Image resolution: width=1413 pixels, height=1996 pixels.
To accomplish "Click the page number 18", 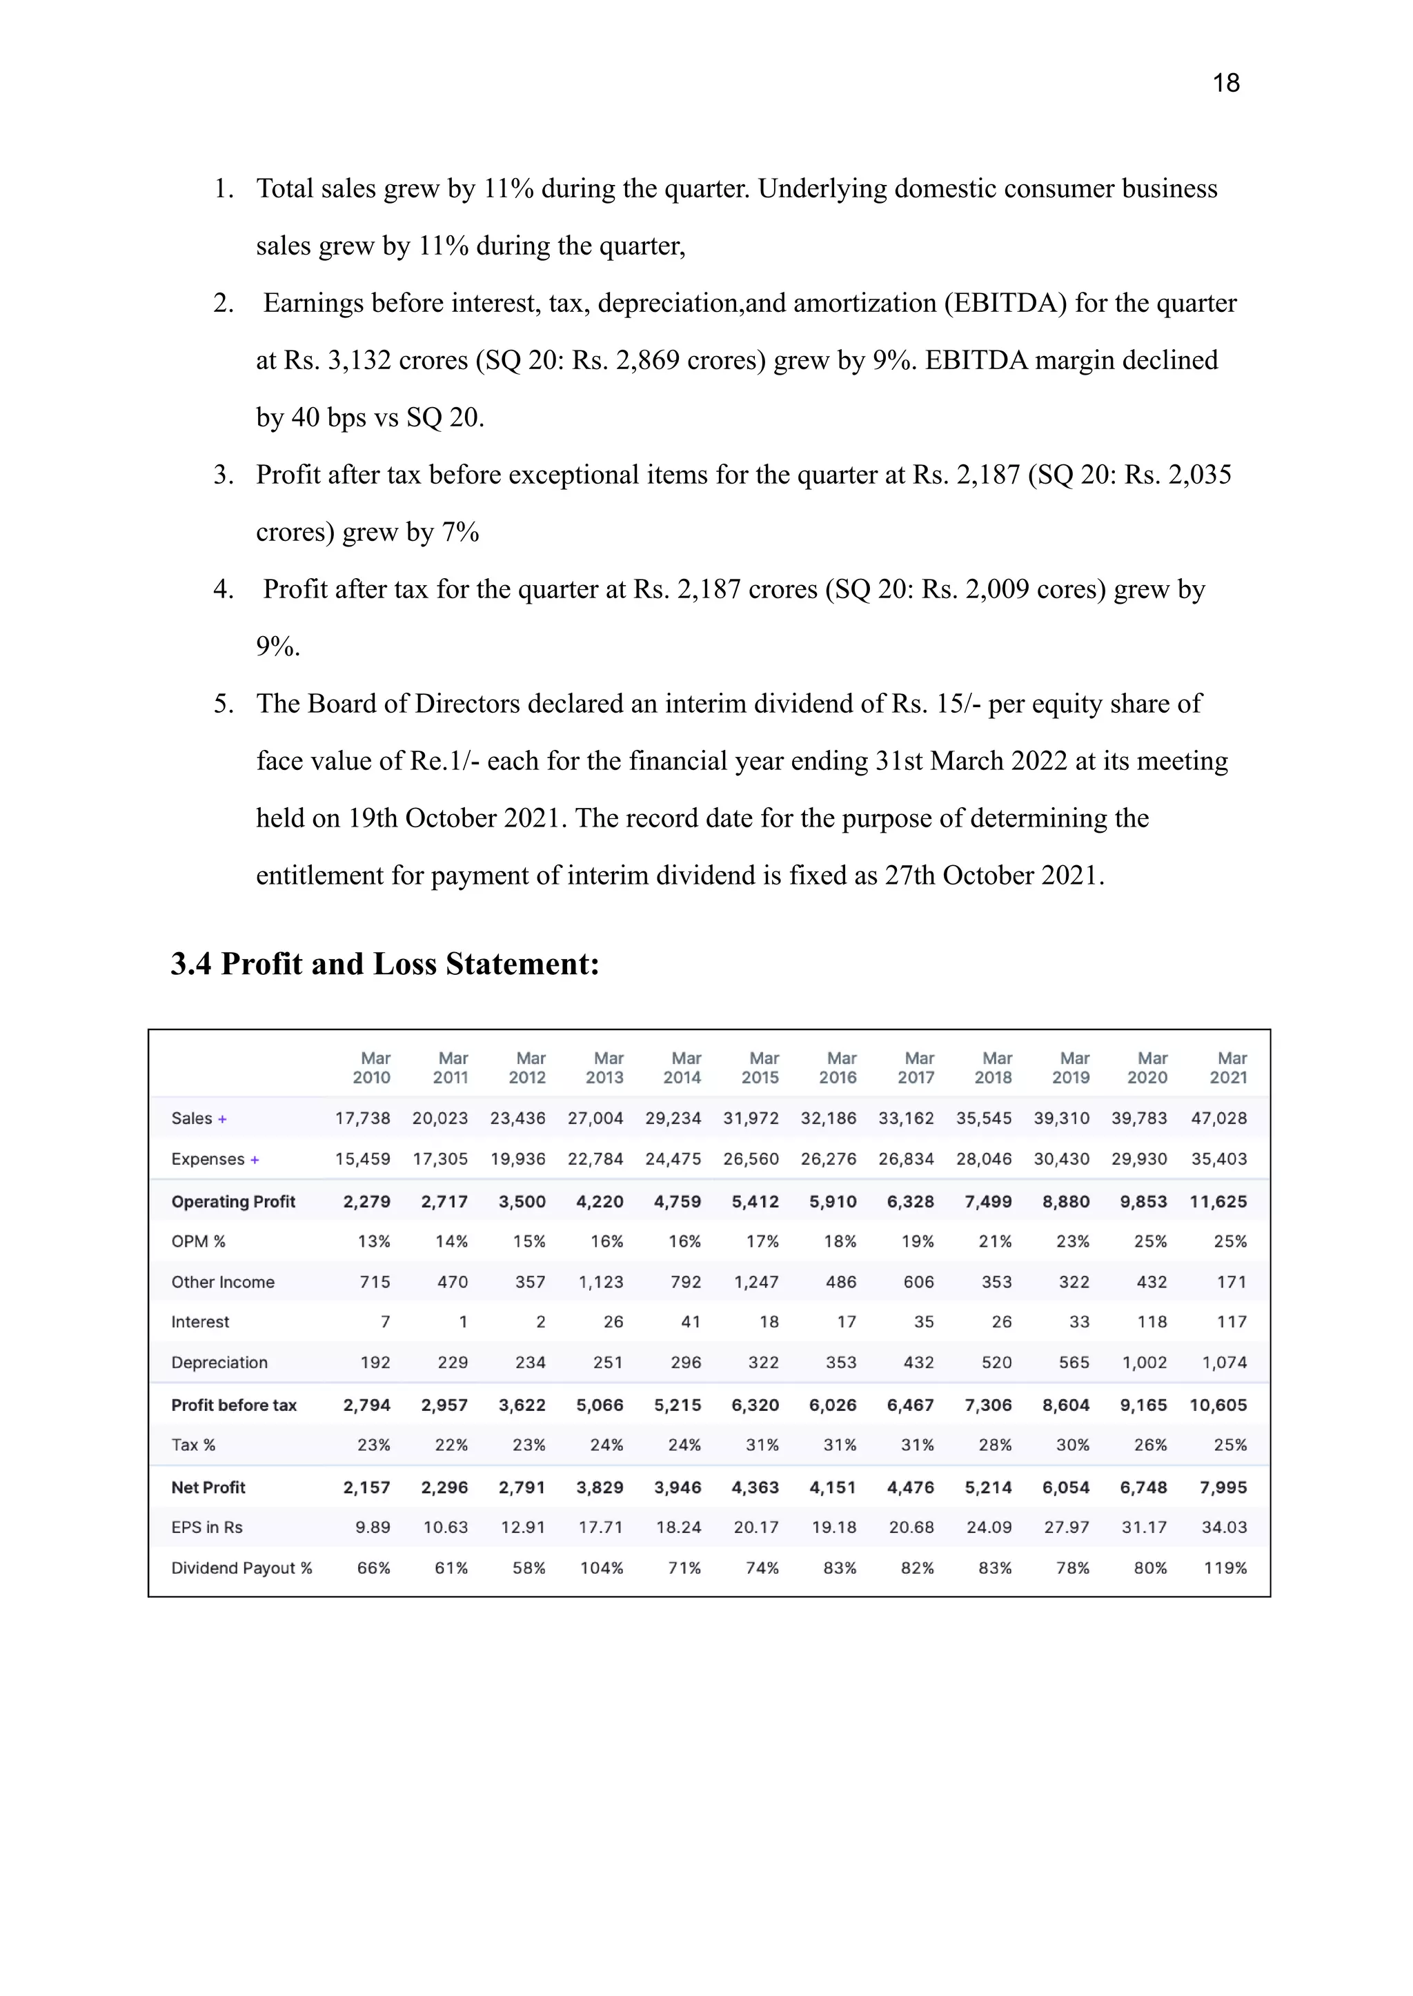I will coord(1225,83).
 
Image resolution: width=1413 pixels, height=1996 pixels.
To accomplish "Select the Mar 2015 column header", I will coord(760,1067).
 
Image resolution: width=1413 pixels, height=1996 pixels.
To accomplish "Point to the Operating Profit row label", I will coord(233,1202).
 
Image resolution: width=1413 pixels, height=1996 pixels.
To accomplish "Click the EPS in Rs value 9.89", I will coord(373,1527).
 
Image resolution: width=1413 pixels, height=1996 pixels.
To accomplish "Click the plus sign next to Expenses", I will coord(255,1160).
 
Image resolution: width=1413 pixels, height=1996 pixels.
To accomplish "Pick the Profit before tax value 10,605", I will coord(1218,1405).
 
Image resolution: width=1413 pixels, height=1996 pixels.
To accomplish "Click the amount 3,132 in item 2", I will coord(359,360).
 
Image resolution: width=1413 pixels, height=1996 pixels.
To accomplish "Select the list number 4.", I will coord(223,589).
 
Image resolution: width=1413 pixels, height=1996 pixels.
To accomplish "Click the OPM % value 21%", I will coord(996,1242).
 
